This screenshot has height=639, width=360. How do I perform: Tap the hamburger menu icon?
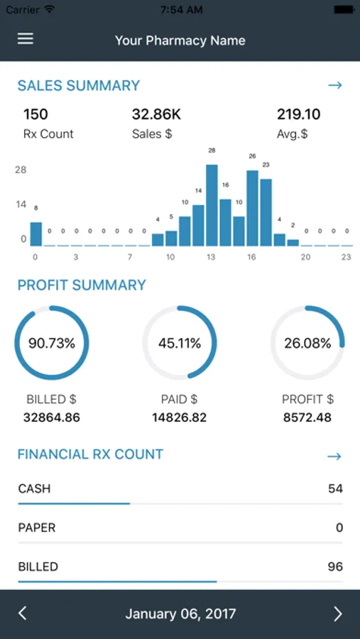(x=26, y=39)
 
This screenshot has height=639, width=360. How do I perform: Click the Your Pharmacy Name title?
(x=180, y=40)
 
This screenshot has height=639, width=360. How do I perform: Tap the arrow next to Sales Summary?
(x=335, y=85)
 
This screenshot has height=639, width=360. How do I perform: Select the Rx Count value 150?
(x=36, y=114)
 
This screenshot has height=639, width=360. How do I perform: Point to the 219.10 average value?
(x=298, y=114)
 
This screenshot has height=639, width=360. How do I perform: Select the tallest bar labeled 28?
(x=212, y=206)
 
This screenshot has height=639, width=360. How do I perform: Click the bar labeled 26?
(x=252, y=209)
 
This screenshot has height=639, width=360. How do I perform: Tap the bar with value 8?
(x=36, y=234)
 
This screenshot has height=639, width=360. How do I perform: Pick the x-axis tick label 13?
(x=211, y=257)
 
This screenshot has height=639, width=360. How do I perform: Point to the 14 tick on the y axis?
(x=21, y=204)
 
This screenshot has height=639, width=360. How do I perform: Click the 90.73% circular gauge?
(x=52, y=343)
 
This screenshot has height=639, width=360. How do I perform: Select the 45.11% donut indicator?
(x=180, y=343)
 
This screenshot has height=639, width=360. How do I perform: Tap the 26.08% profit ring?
(x=307, y=343)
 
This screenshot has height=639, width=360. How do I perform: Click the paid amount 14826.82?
(x=179, y=417)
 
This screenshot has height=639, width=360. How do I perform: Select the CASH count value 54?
(x=335, y=488)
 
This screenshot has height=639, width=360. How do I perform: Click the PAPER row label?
(x=37, y=528)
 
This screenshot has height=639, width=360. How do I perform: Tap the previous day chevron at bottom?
(x=22, y=613)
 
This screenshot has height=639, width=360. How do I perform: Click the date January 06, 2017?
(x=180, y=613)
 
